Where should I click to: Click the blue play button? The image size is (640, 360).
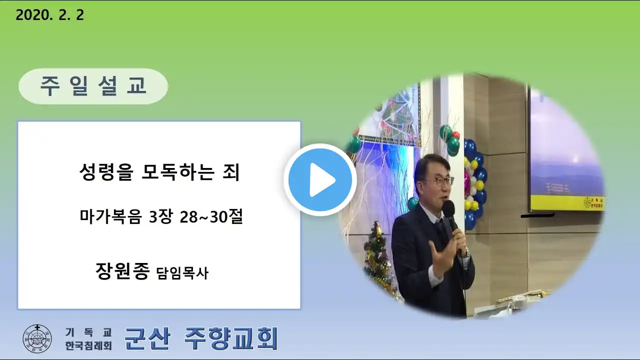(x=320, y=179)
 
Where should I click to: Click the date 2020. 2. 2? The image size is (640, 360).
(x=49, y=15)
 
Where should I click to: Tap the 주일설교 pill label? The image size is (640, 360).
(x=93, y=86)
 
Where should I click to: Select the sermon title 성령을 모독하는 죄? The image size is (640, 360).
(x=159, y=172)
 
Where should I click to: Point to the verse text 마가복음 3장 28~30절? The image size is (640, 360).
(x=161, y=216)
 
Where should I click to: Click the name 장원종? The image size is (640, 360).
(x=122, y=271)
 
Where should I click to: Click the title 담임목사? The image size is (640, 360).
(x=182, y=273)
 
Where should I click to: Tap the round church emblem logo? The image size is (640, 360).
(x=37, y=338)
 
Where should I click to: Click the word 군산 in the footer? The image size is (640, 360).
(x=147, y=338)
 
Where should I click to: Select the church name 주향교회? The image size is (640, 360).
(x=231, y=338)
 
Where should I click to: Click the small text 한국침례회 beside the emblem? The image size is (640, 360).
(x=88, y=345)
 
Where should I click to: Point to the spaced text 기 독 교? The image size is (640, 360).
(x=88, y=332)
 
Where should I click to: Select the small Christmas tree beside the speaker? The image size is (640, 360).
(x=377, y=260)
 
